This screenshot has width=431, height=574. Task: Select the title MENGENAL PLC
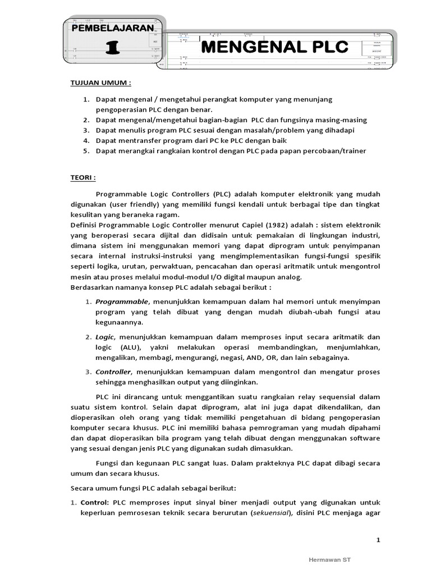point(274,47)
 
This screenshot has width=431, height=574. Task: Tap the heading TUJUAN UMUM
point(100,82)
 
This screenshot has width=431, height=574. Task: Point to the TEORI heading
point(82,177)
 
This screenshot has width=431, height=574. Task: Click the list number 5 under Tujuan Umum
point(86,150)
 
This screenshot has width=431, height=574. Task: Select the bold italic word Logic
point(104,336)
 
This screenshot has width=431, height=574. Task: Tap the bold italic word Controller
point(113,372)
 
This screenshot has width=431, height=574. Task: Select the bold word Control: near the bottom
point(96,502)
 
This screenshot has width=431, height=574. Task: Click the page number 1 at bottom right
point(378,540)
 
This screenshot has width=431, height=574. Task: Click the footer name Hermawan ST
point(330,559)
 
